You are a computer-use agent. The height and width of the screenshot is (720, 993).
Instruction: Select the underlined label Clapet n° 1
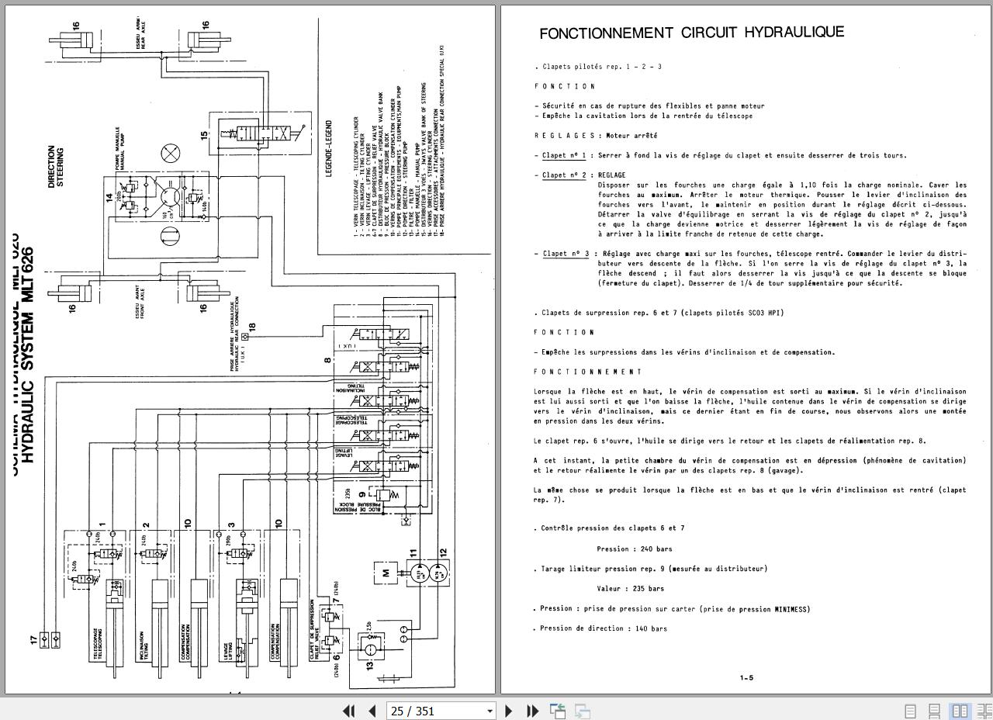point(564,155)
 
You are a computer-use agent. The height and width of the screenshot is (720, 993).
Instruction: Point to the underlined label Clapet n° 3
point(566,254)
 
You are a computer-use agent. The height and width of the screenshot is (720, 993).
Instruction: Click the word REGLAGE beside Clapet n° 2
point(611,175)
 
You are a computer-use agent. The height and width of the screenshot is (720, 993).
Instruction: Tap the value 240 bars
point(635,549)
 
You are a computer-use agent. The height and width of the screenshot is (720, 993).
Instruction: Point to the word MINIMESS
point(791,609)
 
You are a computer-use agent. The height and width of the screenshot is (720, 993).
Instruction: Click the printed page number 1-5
point(746,678)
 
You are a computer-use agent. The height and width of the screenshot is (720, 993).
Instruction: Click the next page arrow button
point(509,711)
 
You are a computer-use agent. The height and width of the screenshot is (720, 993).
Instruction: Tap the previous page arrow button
point(372,711)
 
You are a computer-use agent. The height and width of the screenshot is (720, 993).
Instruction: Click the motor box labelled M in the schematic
point(386,574)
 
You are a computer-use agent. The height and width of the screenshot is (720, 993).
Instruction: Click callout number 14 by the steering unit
point(109,198)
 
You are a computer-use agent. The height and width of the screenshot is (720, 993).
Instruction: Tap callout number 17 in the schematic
point(33,639)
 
